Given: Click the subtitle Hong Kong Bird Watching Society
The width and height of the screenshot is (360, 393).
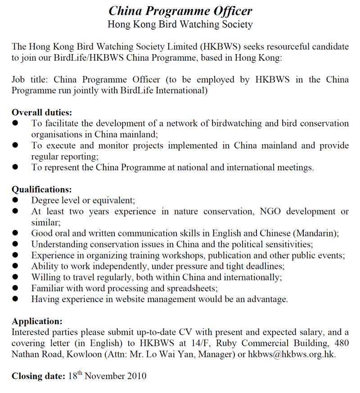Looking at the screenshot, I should click(x=180, y=24).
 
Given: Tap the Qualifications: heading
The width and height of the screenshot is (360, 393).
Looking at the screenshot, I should click(x=41, y=190).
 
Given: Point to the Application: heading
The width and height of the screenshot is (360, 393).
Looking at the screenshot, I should click(x=37, y=321).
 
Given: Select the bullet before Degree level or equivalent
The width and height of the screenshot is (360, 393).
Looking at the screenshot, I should click(x=15, y=200).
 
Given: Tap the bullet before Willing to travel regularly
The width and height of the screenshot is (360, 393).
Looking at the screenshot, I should click(x=15, y=277).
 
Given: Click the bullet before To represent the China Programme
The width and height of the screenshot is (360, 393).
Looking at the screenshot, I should click(x=15, y=167).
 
